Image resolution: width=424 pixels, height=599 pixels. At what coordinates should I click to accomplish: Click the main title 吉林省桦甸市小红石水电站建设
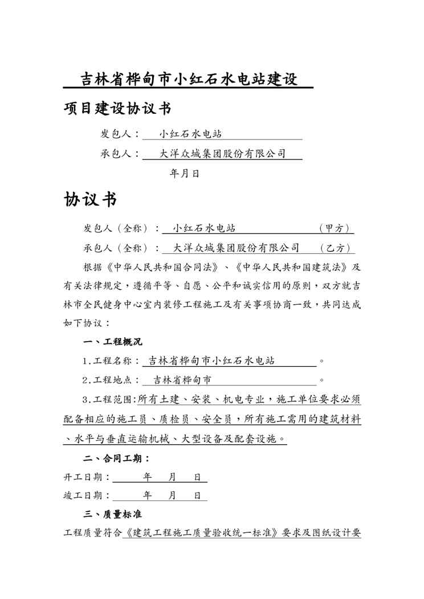pyautogui.click(x=188, y=79)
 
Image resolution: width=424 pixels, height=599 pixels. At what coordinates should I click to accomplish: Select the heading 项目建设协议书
pyautogui.click(x=117, y=108)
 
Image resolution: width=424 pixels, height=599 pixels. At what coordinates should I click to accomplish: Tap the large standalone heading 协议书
pyautogui.click(x=91, y=199)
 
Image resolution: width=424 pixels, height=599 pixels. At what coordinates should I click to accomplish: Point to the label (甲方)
pyautogui.click(x=336, y=228)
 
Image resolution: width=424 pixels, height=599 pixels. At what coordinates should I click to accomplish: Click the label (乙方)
pyautogui.click(x=336, y=248)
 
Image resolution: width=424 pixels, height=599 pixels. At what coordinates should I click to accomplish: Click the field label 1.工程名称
pyautogui.click(x=111, y=361)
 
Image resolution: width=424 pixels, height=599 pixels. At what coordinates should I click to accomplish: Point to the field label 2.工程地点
pyautogui.click(x=111, y=380)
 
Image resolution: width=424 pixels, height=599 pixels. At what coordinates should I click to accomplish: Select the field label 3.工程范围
pyautogui.click(x=109, y=399)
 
